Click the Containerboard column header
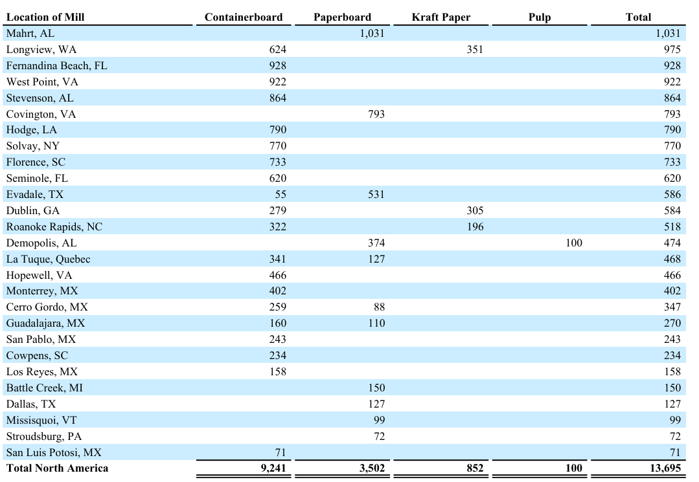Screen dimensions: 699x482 pos(244,17)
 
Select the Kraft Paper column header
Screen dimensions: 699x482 pos(441,17)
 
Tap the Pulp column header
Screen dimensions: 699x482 pos(540,17)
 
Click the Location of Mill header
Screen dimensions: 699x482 pos(45,17)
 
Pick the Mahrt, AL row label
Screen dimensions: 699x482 pos(30,34)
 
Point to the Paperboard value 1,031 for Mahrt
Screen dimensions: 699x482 pos(372,34)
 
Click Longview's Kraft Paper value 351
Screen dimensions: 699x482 pos(475,49)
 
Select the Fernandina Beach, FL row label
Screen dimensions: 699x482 pos(56,66)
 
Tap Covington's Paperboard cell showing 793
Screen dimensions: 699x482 pos(376,115)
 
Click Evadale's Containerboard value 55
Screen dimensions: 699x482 pos(281,195)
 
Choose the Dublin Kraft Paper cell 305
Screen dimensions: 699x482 pos(475,210)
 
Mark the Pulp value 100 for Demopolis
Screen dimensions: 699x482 pos(574,243)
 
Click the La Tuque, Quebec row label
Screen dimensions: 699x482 pos(48,259)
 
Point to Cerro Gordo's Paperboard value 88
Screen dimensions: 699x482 pos(380,307)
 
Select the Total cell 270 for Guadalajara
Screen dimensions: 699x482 pos(672,323)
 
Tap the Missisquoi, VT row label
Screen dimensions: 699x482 pos(41,420)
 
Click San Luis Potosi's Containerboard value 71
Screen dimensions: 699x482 pos(281,453)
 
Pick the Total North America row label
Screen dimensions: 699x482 pos(57,468)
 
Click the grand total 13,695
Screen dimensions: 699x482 pos(665,468)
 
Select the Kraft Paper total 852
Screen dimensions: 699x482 pos(475,468)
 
